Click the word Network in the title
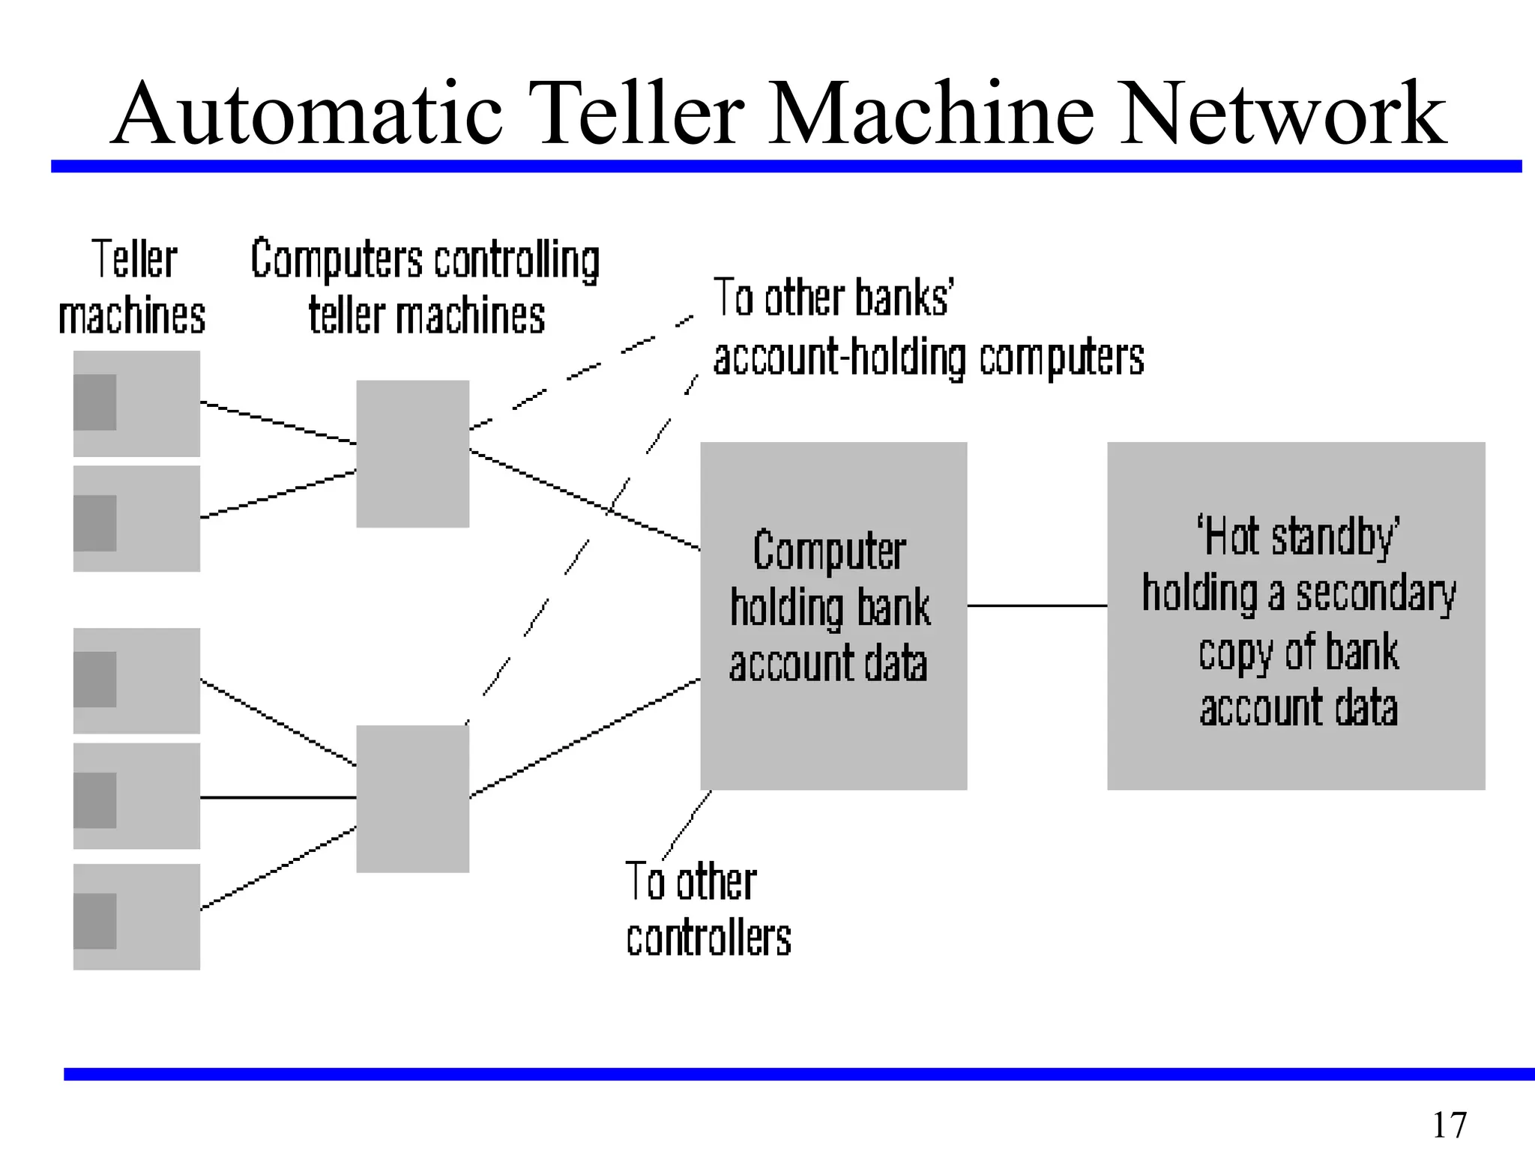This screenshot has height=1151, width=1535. pyautogui.click(x=1282, y=114)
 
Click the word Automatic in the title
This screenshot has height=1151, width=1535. pyautogui.click(x=307, y=114)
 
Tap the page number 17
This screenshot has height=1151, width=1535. pyautogui.click(x=1448, y=1125)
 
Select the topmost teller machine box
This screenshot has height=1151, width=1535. pyautogui.click(x=136, y=403)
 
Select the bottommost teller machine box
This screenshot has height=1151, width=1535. pyautogui.click(x=136, y=916)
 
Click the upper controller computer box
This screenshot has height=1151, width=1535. pyautogui.click(x=412, y=453)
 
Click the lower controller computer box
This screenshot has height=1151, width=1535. pyautogui.click(x=412, y=798)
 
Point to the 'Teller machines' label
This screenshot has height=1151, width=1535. pyautogui.click(x=133, y=287)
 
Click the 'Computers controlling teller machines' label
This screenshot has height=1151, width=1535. pyautogui.click(x=425, y=287)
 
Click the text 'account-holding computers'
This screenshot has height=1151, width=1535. pyautogui.click(x=928, y=357)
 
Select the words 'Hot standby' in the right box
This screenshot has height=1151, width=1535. pyautogui.click(x=1297, y=537)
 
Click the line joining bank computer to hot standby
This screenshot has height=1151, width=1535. pyautogui.click(x=1037, y=605)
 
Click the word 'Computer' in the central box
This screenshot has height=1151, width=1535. pyautogui.click(x=830, y=551)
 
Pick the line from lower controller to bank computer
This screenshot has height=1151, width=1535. pyautogui.click(x=585, y=738)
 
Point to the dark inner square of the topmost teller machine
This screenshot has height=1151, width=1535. pyautogui.click(x=95, y=402)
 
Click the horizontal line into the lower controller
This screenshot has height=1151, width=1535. pyautogui.click(x=277, y=797)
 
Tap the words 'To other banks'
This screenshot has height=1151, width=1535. pyautogui.click(x=832, y=297)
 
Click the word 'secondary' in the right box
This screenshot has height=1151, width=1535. pyautogui.click(x=1375, y=594)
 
